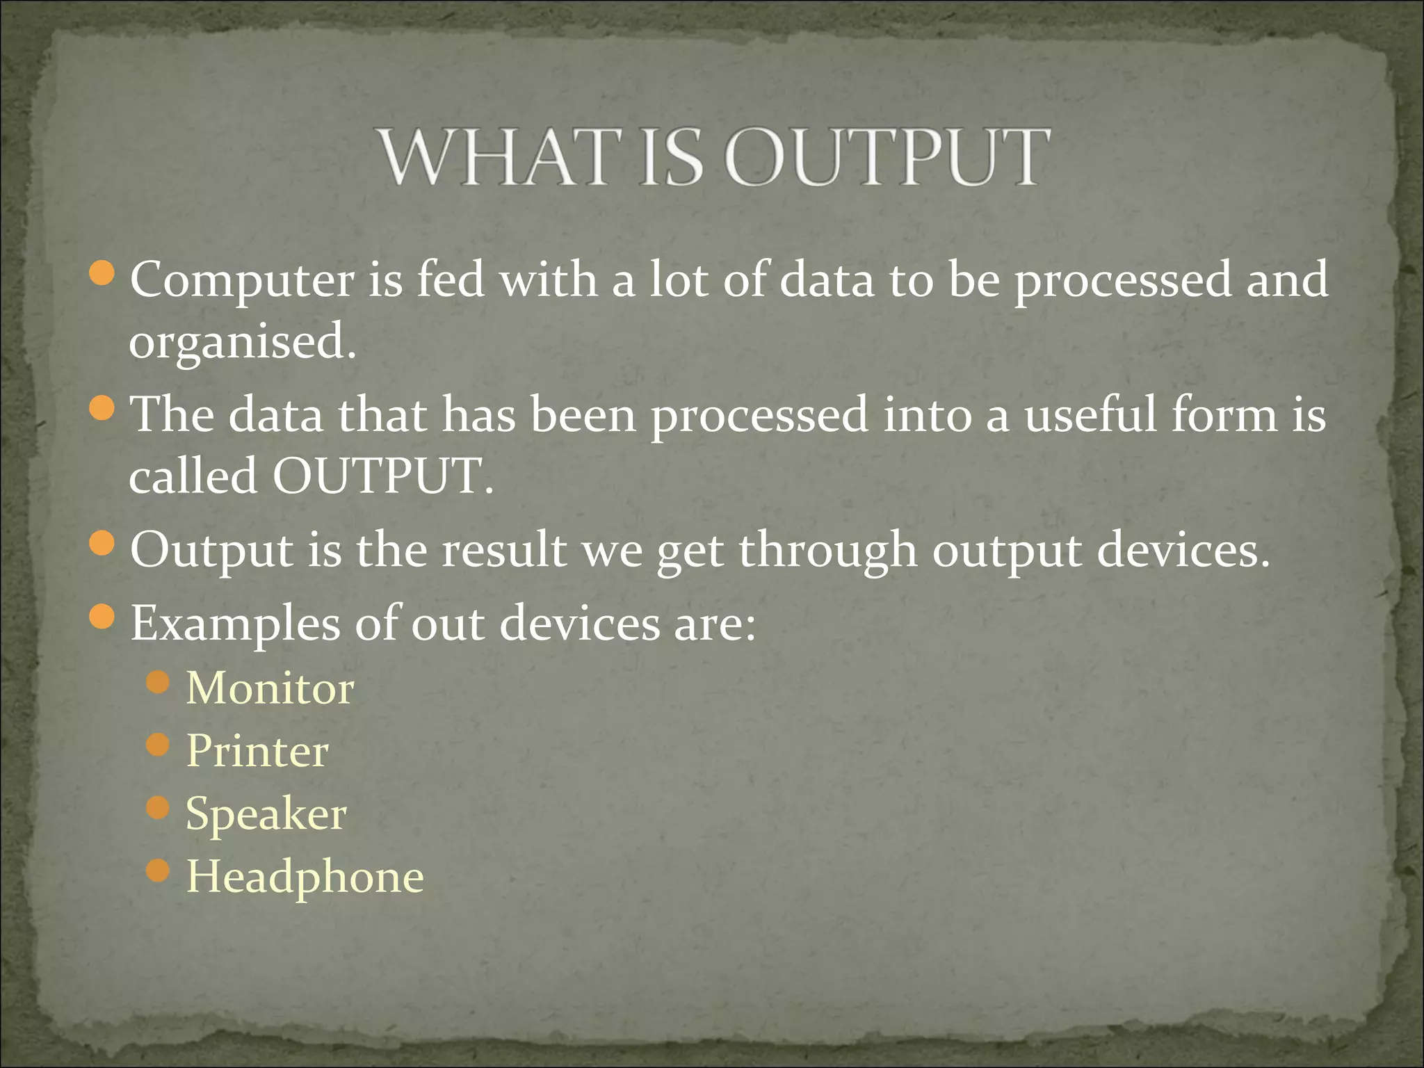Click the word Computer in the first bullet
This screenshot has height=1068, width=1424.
click(241, 280)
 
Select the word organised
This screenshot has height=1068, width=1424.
click(241, 342)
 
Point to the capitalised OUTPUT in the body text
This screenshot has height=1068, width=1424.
click(382, 477)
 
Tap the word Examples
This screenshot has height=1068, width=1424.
click(235, 624)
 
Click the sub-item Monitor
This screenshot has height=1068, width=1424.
click(270, 688)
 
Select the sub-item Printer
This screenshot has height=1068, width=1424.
click(257, 751)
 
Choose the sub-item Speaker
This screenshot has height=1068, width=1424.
click(266, 814)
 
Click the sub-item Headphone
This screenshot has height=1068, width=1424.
click(305, 877)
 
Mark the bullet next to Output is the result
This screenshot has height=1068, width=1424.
click(102, 544)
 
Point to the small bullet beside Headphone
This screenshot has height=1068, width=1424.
click(159, 870)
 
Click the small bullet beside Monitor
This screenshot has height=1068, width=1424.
click(159, 682)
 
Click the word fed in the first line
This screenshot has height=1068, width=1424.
click(450, 280)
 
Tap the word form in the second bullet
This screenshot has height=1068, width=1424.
click(1224, 415)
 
